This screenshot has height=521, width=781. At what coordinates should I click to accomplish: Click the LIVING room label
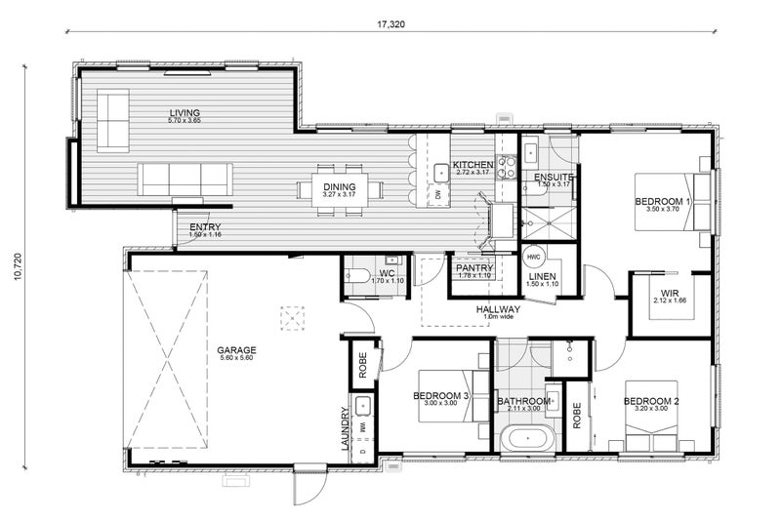[184, 113]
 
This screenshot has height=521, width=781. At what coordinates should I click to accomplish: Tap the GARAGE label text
[237, 349]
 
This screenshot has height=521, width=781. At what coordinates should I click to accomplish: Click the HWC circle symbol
[533, 257]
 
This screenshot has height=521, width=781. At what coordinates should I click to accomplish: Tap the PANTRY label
[472, 268]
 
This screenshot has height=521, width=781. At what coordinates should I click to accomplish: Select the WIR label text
[670, 293]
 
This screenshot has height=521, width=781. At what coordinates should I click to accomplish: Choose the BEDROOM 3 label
[441, 396]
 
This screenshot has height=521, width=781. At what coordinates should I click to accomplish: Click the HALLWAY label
[498, 310]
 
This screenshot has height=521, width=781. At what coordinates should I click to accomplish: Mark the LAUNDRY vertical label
[345, 428]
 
